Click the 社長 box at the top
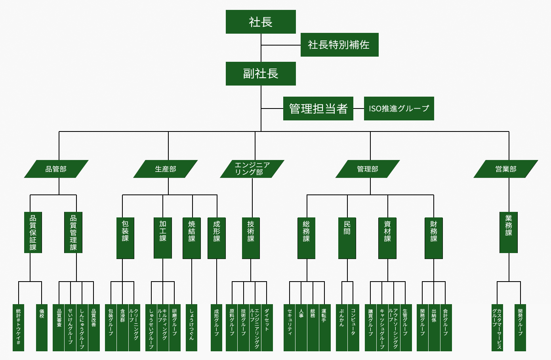tap(261, 22)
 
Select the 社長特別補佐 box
tap(339, 45)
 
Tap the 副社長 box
tap(261, 74)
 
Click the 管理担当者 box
tap(318, 109)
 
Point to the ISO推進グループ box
tap(399, 109)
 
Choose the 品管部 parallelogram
tap(56, 169)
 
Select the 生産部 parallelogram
tap(166, 169)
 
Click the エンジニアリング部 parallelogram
tap(252, 169)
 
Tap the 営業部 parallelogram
tap(506, 169)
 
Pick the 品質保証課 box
tap(33, 232)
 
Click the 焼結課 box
tap(192, 238)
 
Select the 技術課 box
tap(251, 238)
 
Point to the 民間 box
tap(347, 238)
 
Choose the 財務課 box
tap(434, 238)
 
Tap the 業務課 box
tap(509, 232)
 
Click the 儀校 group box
tap(42, 328)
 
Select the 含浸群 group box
tap(122, 328)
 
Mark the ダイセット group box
tap(267, 328)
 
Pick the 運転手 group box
tap(324, 328)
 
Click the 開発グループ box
tap(520, 328)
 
